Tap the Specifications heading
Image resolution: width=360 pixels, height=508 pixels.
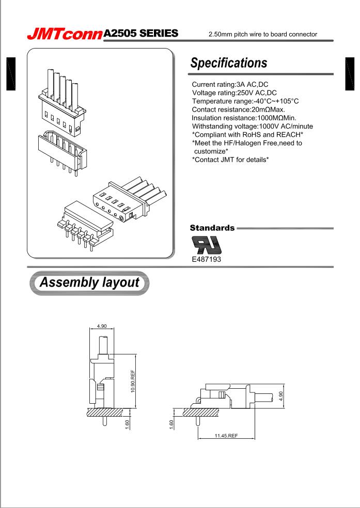pyautogui.click(x=229, y=63)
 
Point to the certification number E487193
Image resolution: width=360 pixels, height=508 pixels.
pyautogui.click(x=206, y=259)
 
